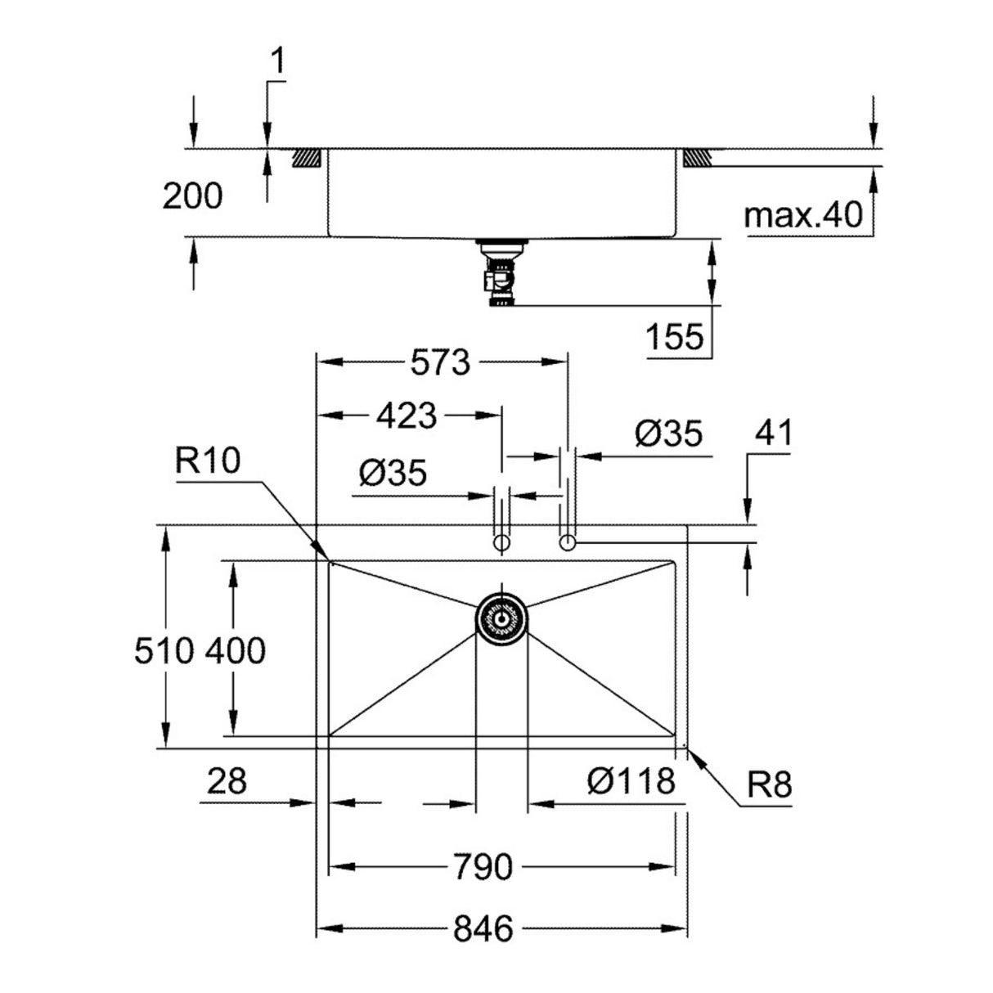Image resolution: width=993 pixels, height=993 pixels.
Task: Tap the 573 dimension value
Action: (441, 362)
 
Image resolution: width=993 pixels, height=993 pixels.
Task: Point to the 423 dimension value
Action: (407, 416)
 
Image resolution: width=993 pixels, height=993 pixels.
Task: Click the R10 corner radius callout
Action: (207, 462)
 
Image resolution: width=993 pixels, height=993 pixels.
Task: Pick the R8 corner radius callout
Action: (769, 786)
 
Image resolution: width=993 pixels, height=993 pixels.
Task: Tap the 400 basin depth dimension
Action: (235, 651)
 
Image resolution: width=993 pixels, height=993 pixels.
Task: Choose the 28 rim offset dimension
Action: (226, 782)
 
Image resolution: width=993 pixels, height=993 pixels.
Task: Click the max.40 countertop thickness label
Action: (803, 216)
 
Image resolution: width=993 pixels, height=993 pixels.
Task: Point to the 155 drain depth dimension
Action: (675, 336)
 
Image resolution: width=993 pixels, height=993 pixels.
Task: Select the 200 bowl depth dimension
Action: (192, 196)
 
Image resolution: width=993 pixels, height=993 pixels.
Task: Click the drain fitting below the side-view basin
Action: (498, 273)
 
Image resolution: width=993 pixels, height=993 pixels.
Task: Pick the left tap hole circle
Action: (501, 543)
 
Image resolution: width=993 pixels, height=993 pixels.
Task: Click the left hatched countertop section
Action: (307, 157)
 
